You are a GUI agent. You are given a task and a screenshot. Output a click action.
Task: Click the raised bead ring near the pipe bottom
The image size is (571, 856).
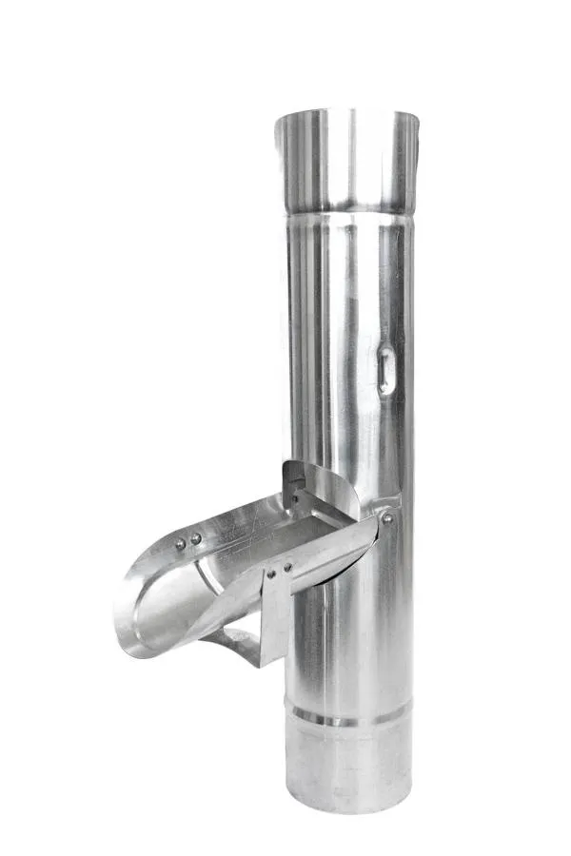tap(350, 715)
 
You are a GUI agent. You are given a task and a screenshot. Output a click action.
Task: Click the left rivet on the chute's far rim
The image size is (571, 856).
tap(180, 543)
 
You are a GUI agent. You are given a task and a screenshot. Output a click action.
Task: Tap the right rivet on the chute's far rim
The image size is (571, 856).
tap(196, 538)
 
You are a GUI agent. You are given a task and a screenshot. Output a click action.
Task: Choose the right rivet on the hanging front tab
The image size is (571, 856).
tap(286, 568)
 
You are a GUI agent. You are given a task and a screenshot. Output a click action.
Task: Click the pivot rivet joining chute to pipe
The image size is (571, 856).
tap(386, 518)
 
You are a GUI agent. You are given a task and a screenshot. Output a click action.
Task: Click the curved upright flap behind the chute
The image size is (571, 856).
tap(324, 485)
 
